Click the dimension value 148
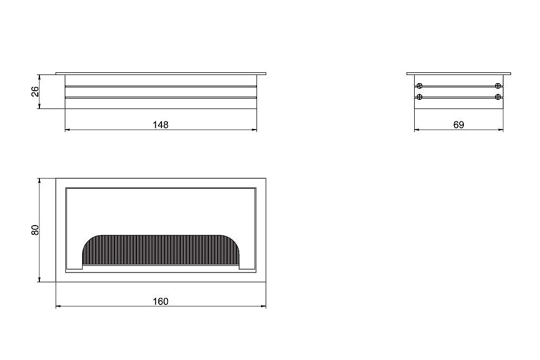(x=161, y=125)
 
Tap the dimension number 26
(x=35, y=92)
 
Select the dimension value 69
(x=458, y=125)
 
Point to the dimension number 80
(x=35, y=230)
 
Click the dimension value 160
(x=161, y=302)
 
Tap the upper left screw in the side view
(x=420, y=86)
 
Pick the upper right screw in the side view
(x=498, y=86)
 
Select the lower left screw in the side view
(x=420, y=97)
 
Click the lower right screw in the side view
(x=498, y=97)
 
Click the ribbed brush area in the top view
(x=161, y=250)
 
